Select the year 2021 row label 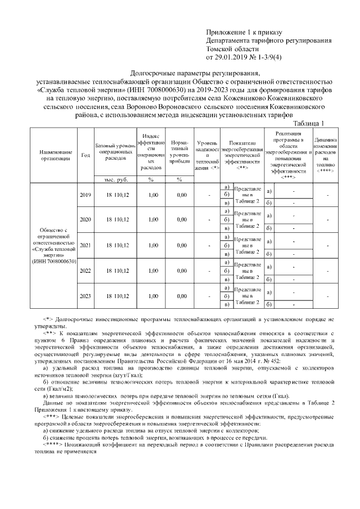85,245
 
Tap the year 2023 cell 85,296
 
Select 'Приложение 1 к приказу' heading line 244,31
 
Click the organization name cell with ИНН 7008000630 55,245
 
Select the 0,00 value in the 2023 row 181,296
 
